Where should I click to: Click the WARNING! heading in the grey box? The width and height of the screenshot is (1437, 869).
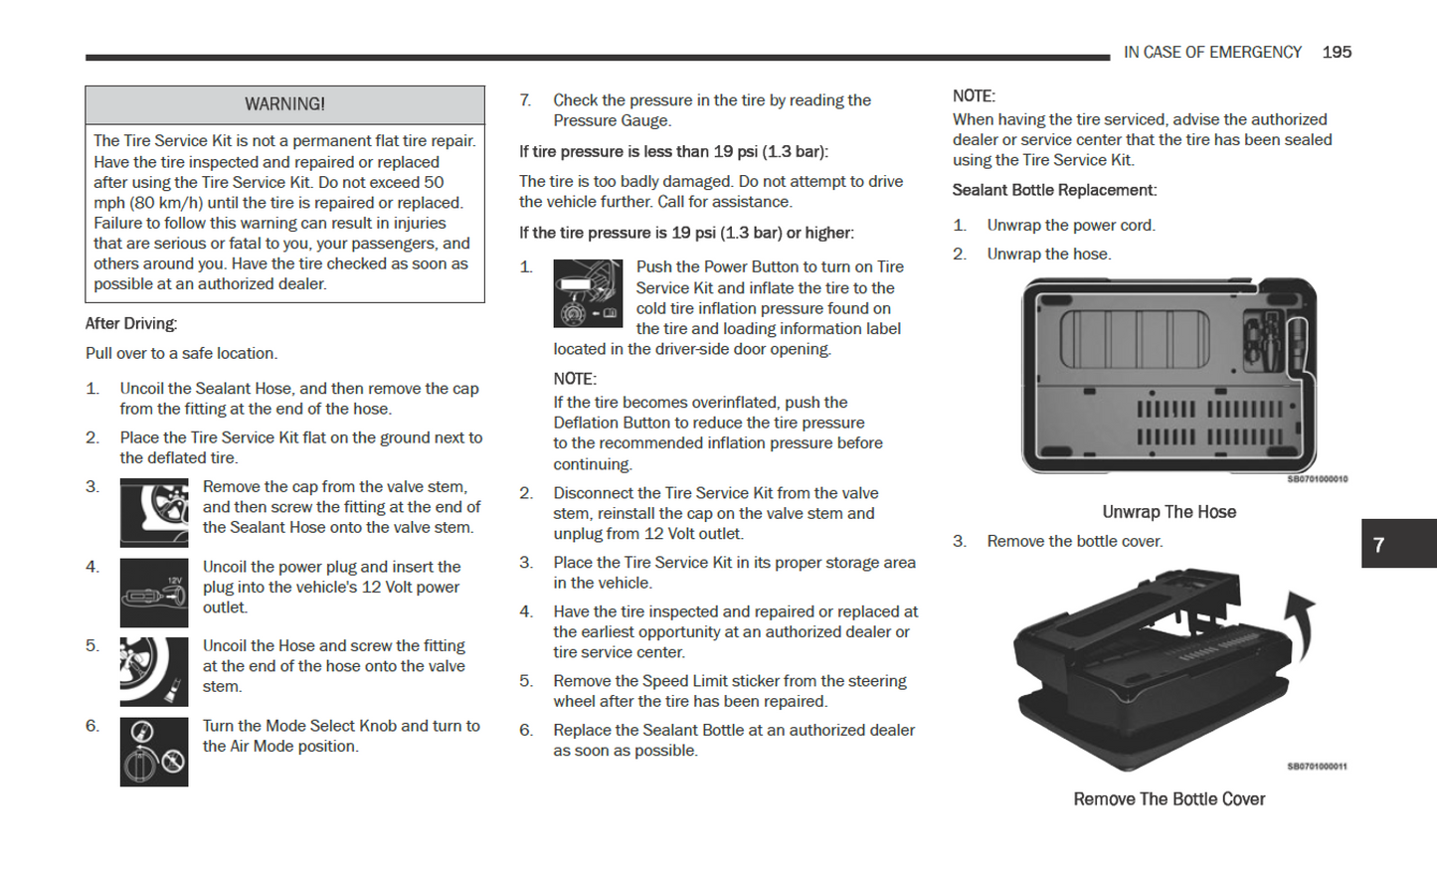tap(284, 104)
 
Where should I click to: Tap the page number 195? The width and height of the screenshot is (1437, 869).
tap(1337, 52)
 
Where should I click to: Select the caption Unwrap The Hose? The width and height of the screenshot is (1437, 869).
tap(1168, 512)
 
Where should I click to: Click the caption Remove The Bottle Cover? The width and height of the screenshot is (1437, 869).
tap(1168, 799)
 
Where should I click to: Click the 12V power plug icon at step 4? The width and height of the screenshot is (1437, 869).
tap(154, 594)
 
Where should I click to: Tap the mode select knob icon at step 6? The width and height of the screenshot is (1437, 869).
tap(154, 753)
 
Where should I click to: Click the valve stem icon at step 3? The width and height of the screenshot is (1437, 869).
tap(154, 513)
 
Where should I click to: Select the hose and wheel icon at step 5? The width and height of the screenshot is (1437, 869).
tap(154, 672)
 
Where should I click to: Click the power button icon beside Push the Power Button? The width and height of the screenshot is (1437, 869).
tap(588, 293)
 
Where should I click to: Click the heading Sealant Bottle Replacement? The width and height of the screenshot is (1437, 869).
tap(1054, 190)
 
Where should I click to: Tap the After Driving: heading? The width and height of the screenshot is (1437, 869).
tap(131, 323)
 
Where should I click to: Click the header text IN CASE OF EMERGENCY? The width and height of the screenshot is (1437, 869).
tap(1212, 52)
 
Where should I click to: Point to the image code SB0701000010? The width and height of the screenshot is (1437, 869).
tap(1318, 479)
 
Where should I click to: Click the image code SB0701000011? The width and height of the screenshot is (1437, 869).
tap(1318, 767)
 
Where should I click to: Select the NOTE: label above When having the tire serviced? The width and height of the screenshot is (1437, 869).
tap(974, 96)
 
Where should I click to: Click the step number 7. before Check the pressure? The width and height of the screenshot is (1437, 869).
tap(526, 100)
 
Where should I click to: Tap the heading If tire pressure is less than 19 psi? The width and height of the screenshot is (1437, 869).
tap(673, 152)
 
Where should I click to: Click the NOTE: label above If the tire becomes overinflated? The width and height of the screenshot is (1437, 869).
tap(575, 379)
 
